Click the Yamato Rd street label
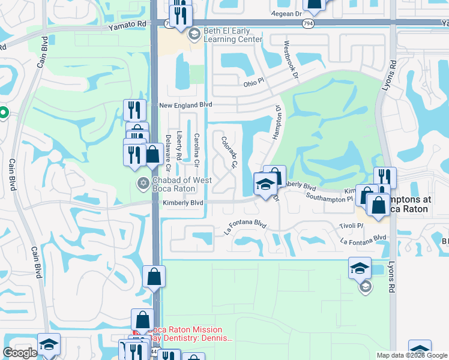click(128, 25)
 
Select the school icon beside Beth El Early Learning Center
click(194, 34)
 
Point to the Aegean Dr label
click(286, 13)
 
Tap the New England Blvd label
click(186, 104)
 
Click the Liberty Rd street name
click(178, 145)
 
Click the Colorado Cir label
click(229, 152)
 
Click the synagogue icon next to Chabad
click(143, 184)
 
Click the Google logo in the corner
click(20, 353)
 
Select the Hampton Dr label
click(277, 124)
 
